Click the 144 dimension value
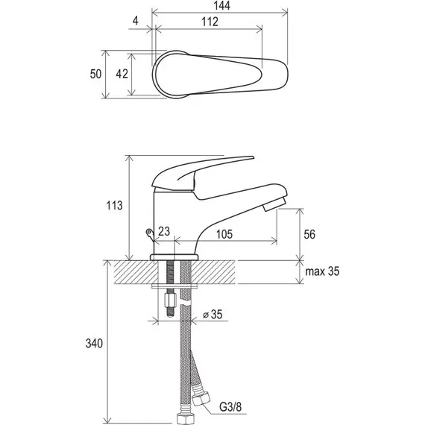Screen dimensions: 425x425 click(x=221, y=5)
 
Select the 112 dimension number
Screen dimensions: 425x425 click(x=210, y=22)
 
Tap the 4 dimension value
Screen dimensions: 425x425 click(x=136, y=21)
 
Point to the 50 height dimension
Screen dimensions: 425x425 click(x=95, y=74)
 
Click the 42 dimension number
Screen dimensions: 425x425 click(x=122, y=74)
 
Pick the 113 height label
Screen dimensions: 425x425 click(x=114, y=206)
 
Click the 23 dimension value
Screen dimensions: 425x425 click(x=164, y=231)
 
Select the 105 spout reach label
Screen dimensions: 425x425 click(x=224, y=234)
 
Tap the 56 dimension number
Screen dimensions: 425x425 click(x=309, y=234)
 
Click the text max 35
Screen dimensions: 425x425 click(x=322, y=271)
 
